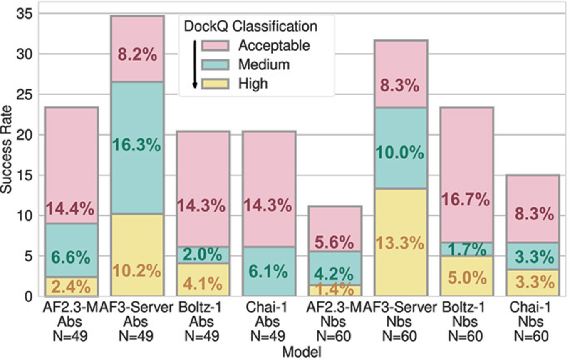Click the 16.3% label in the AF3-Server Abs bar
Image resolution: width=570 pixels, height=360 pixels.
[136, 145]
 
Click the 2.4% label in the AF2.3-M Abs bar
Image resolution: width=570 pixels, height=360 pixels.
[71, 287]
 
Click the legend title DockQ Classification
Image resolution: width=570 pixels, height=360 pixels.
[250, 27]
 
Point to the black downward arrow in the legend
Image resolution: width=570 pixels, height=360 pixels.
[194, 64]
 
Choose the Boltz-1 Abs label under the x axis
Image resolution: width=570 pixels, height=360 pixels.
[203, 322]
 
